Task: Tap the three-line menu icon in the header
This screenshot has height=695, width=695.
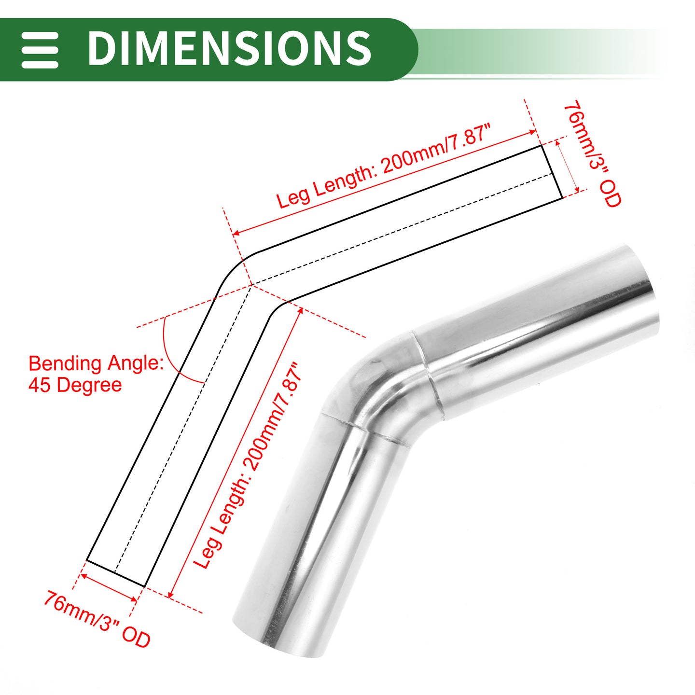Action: [40, 50]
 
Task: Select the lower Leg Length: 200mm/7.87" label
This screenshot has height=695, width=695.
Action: [248, 465]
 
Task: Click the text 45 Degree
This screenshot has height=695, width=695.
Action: [75, 385]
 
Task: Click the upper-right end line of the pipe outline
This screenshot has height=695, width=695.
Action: [552, 172]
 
